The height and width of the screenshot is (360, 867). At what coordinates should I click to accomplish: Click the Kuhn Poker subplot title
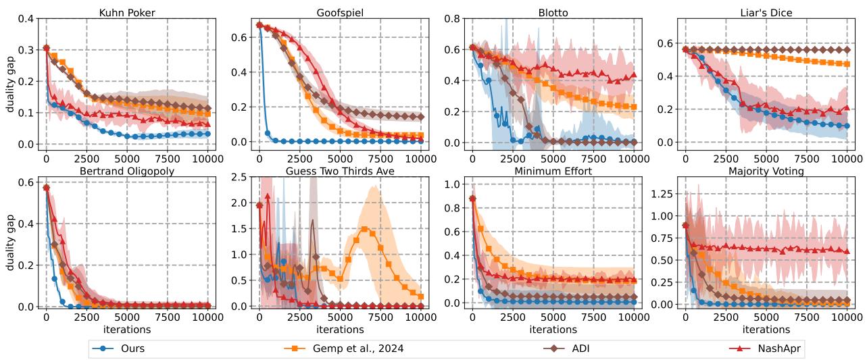(126, 13)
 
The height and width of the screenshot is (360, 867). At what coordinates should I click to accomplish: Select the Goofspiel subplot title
(339, 13)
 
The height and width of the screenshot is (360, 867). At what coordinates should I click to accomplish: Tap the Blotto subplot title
(552, 13)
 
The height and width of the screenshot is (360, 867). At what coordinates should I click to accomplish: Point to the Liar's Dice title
(766, 13)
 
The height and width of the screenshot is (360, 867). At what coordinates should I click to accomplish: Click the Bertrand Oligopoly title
(126, 172)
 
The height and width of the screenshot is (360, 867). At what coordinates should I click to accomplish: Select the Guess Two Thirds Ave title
(339, 172)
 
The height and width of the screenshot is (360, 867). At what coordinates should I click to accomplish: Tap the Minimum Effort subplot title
(552, 172)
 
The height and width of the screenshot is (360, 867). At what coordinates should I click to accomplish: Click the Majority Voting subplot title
(766, 172)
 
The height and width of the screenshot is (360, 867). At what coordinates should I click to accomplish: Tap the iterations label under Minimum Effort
(552, 329)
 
